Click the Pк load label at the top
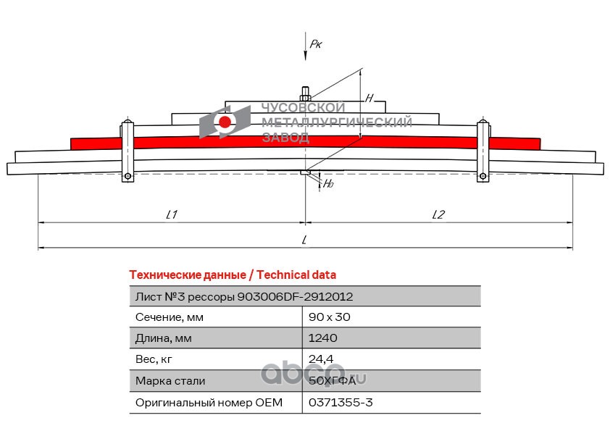pyautogui.click(x=315, y=44)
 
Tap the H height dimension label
pyautogui.click(x=369, y=98)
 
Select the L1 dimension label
pyautogui.click(x=172, y=214)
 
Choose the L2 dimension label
pyautogui.click(x=438, y=214)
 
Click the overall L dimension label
pyautogui.click(x=305, y=239)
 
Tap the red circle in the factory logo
pyautogui.click(x=225, y=122)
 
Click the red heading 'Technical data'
pyautogui.click(x=232, y=275)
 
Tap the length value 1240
pyautogui.click(x=322, y=338)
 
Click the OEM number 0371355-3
pyautogui.click(x=340, y=401)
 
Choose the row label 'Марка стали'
pyautogui.click(x=170, y=380)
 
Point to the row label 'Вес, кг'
pyautogui.click(x=154, y=359)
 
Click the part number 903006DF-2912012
pyautogui.click(x=295, y=296)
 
